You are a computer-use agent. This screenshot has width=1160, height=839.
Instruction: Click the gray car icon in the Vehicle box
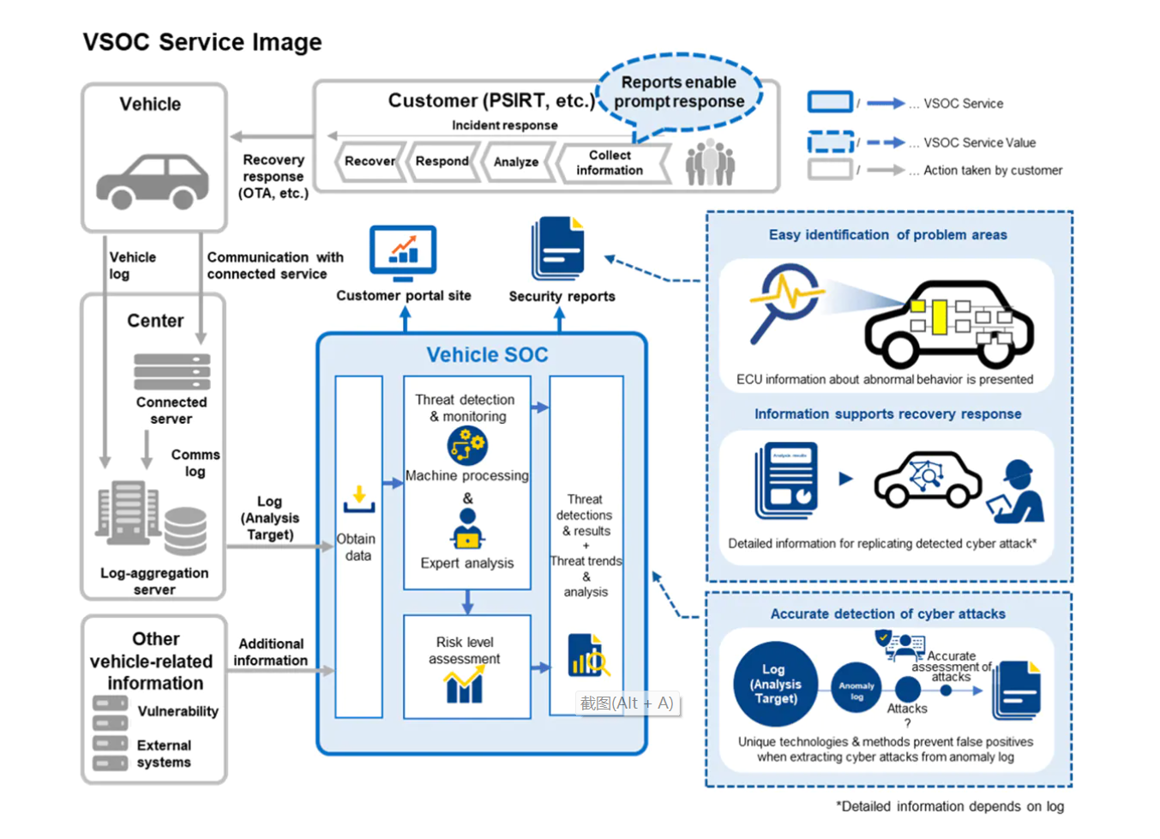click(x=153, y=181)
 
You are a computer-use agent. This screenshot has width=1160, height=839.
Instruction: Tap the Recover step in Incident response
click(x=370, y=161)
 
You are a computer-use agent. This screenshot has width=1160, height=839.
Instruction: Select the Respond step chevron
click(x=442, y=161)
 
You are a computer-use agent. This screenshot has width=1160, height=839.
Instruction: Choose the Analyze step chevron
click(x=516, y=162)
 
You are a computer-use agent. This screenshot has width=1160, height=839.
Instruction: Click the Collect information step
click(x=610, y=163)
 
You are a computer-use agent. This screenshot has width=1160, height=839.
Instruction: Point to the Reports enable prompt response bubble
click(x=679, y=93)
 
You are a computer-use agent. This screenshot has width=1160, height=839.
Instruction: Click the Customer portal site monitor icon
click(x=403, y=252)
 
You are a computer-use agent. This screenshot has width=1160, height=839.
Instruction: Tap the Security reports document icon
click(x=558, y=249)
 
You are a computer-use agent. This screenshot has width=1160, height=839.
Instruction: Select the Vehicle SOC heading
click(x=487, y=355)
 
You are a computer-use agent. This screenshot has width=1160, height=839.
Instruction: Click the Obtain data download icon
click(x=359, y=499)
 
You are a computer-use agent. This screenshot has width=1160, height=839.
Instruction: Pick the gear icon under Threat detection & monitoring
click(x=467, y=445)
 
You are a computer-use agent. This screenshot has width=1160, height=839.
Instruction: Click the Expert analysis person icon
click(x=467, y=528)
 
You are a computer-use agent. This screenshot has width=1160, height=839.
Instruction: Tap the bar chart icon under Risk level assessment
click(x=464, y=686)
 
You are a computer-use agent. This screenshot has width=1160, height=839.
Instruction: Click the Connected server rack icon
click(x=171, y=371)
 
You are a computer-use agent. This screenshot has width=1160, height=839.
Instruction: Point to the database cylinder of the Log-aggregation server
click(x=185, y=530)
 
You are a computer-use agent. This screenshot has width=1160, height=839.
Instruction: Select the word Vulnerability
click(x=177, y=711)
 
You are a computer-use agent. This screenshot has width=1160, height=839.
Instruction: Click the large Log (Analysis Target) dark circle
click(x=774, y=685)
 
